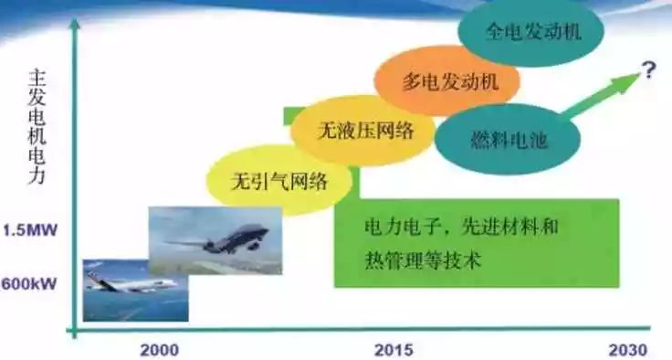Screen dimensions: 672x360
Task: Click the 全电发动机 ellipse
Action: tap(531, 32)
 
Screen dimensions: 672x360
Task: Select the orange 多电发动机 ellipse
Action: tap(448, 80)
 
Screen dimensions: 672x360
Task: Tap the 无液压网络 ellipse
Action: tap(364, 130)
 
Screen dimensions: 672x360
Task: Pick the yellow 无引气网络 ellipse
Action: tap(278, 181)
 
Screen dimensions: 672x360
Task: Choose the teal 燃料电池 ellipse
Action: tap(508, 140)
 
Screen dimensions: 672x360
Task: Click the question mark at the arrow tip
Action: tap(648, 70)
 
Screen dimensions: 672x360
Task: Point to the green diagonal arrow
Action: tap(600, 95)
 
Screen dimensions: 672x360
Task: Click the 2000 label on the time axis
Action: tap(160, 350)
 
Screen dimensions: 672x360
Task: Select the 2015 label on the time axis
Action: tap(394, 350)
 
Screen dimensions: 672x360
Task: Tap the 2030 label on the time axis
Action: tap(628, 350)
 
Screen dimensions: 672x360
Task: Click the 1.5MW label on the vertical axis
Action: tap(30, 231)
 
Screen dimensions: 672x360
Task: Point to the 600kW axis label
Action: tap(29, 284)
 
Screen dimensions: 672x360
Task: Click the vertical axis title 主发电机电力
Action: tap(37, 127)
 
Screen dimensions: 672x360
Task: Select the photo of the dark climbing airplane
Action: tap(215, 240)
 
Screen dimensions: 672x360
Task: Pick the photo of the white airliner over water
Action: tap(135, 291)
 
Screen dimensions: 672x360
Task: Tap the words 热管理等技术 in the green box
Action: tap(423, 259)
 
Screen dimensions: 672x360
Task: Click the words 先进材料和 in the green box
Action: tap(509, 226)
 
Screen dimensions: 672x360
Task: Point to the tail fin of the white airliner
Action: tap(92, 279)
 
